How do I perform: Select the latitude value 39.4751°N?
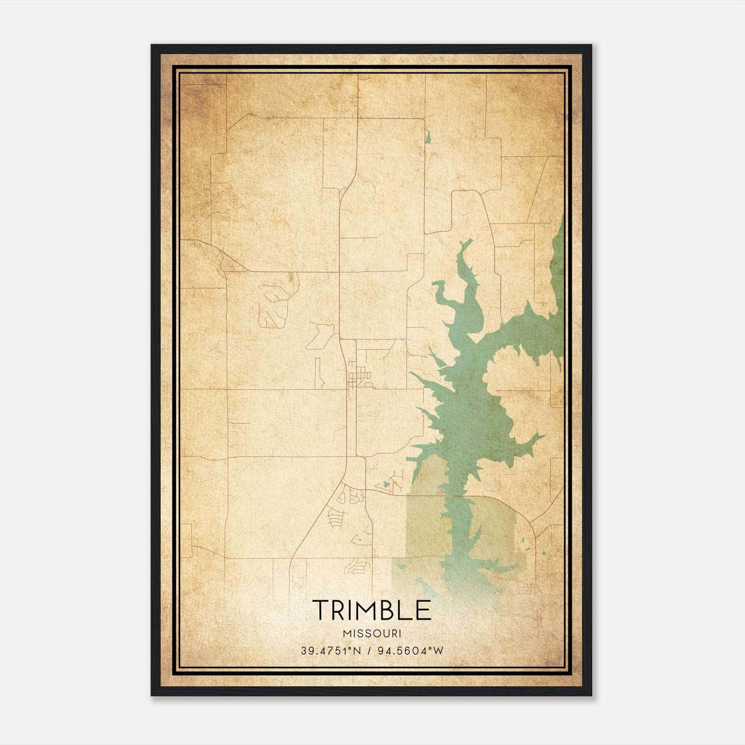[331, 651]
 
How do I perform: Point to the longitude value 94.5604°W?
[410, 651]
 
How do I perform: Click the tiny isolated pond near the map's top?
[427, 137]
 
